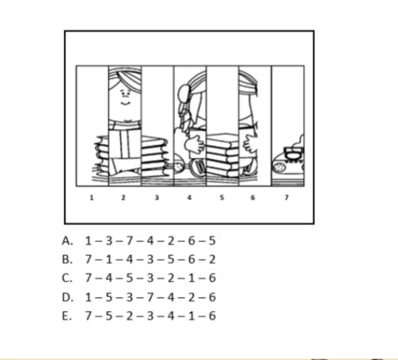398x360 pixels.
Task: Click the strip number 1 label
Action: [92, 197]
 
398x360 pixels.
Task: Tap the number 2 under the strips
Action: [123, 197]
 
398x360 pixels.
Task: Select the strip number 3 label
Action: [157, 197]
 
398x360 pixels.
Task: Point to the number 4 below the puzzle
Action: [189, 197]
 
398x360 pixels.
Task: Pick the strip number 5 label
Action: [222, 197]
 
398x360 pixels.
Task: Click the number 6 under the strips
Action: [253, 197]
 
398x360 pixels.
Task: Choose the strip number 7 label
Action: [287, 197]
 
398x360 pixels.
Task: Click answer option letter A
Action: [67, 241]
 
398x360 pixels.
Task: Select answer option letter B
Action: [67, 259]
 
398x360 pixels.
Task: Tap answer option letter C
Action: [67, 278]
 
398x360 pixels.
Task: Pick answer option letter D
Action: [67, 297]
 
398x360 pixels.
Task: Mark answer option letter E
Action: [67, 316]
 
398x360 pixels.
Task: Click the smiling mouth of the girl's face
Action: [125, 103]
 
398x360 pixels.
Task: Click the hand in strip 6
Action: [250, 144]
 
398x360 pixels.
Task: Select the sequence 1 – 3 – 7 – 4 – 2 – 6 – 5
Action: [150, 241]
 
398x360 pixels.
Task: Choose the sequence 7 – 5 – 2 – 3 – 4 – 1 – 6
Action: [150, 316]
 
